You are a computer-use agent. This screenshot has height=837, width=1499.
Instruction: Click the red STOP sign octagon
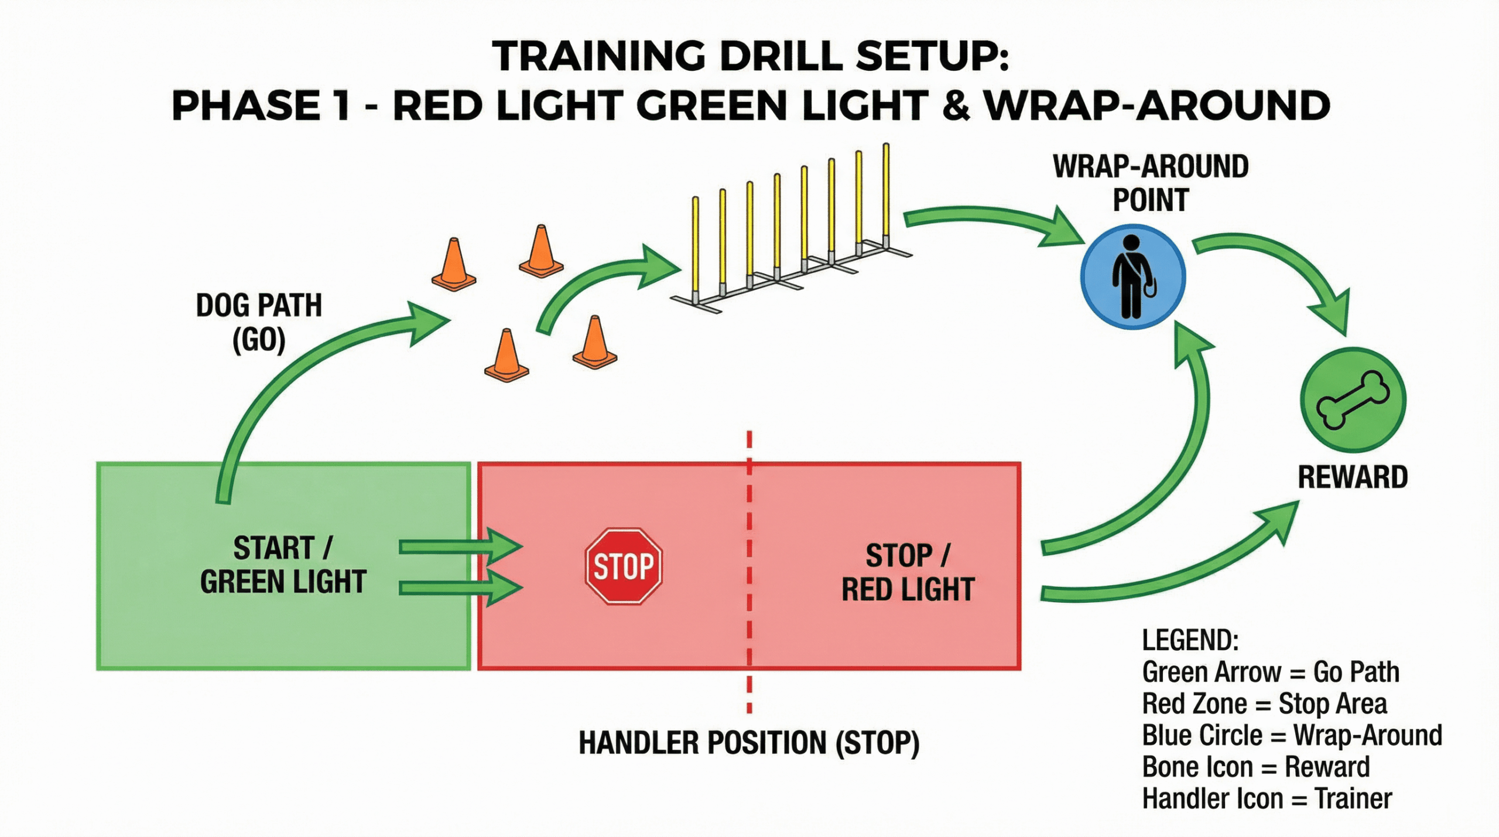point(624,566)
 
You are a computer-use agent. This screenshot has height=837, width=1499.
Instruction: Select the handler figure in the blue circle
point(1132,276)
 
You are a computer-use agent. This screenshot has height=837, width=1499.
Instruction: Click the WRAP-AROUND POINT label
point(1151,183)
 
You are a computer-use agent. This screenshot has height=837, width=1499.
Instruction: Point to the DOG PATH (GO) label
point(259,322)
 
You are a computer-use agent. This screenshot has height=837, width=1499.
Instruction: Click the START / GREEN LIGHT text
point(283,565)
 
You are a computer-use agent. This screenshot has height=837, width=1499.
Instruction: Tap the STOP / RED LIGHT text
point(908,572)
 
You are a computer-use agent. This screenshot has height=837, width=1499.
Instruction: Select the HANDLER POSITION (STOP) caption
point(749,743)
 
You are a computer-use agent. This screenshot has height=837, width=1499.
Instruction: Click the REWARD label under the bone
point(1353,477)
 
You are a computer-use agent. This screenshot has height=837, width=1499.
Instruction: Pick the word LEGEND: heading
point(1190,640)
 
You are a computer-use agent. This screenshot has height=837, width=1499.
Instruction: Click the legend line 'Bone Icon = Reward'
point(1256,767)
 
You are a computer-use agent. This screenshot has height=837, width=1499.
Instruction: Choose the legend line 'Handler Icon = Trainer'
point(1267,799)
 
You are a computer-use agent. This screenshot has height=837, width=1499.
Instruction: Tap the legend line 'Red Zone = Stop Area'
point(1265,703)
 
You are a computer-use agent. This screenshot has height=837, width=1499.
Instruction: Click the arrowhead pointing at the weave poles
point(660,267)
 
